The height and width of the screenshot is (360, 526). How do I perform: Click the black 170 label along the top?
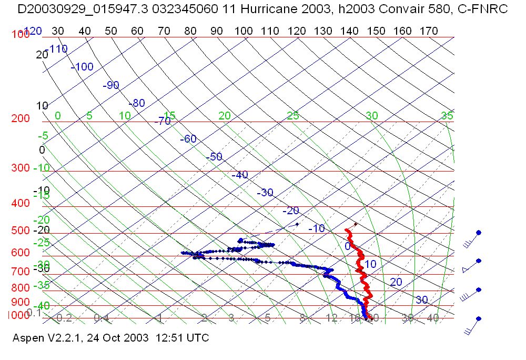point(429,31)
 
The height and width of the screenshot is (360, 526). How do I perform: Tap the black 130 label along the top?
point(323,31)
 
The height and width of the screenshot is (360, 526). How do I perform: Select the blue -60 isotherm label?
point(188,139)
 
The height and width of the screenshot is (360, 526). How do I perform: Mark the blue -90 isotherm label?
point(111,85)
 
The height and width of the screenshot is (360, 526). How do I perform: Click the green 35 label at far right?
point(447,116)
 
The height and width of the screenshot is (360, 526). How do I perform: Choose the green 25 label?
point(293,115)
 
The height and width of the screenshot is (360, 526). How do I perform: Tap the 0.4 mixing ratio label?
point(102,318)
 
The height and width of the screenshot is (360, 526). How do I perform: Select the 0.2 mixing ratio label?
point(64,318)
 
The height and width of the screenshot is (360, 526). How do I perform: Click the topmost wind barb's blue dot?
point(479,232)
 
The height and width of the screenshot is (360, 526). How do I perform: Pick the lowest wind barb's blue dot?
point(479,319)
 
